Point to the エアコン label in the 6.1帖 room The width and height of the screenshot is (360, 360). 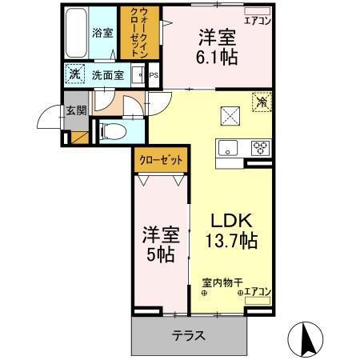pyautogui.click(x=257, y=21)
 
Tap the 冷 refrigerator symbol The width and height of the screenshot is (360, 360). pyautogui.click(x=261, y=102)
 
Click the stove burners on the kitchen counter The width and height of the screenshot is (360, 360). pyautogui.click(x=260, y=146)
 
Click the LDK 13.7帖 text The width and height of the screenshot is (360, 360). pyautogui.click(x=233, y=230)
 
